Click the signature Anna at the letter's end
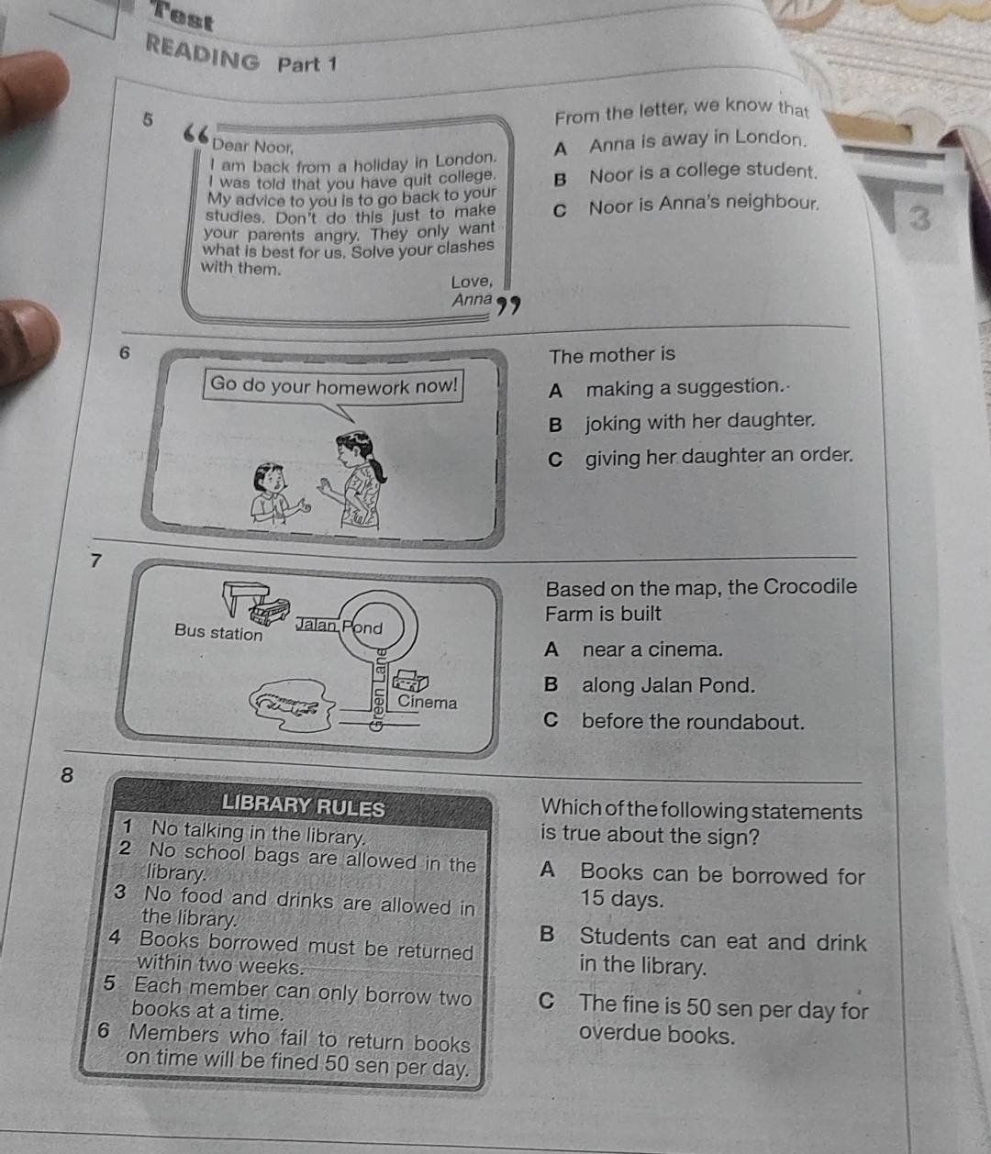472,300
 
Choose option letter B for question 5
560,180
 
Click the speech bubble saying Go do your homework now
334,385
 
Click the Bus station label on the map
218,632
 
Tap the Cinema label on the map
427,703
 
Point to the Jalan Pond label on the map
339,627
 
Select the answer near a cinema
651,649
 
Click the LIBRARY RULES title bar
303,806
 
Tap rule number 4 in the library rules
116,938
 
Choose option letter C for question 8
547,1002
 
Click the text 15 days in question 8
621,899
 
